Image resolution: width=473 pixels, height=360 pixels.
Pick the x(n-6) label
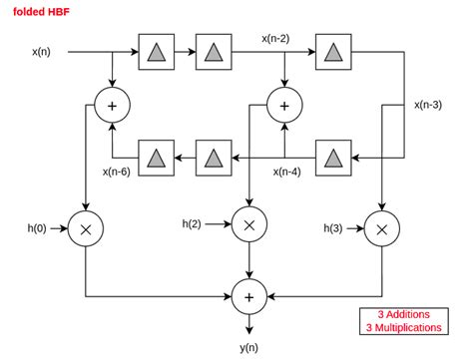[x=117, y=171]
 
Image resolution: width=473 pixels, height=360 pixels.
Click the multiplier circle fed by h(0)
[x=87, y=229]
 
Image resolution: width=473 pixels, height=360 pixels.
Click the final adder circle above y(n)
[x=246, y=296]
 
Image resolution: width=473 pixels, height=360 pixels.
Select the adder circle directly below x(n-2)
[x=283, y=104]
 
